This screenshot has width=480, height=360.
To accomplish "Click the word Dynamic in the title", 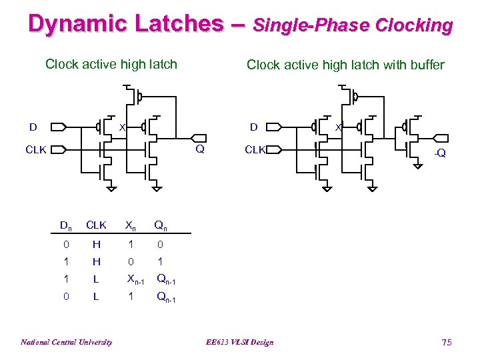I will point(71,24).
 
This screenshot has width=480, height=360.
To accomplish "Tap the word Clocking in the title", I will point(414,25).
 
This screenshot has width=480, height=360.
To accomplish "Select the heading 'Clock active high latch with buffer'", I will point(345,65).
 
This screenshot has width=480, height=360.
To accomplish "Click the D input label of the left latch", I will point(32,127).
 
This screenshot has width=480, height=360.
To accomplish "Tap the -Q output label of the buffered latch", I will point(439,154).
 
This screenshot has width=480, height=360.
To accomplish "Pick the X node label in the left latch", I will point(122,127).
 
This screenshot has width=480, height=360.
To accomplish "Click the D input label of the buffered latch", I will point(253,127).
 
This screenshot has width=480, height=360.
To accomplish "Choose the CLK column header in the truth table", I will point(97,225).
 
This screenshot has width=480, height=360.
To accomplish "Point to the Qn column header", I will point(161,225).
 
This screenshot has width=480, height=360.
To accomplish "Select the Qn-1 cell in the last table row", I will point(167,297).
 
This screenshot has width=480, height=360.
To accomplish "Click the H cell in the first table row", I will point(97,244).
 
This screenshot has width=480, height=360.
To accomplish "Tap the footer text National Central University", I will point(66,342).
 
